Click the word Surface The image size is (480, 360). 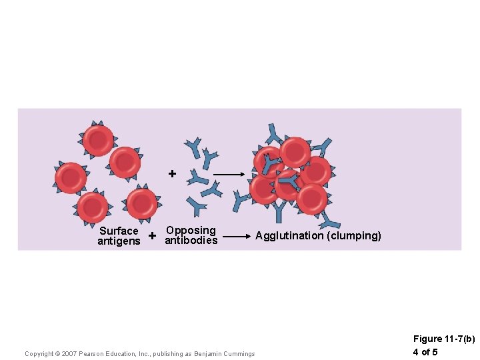pos(119,231)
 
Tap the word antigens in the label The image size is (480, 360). pos(119,241)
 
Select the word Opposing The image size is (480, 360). pos(191,230)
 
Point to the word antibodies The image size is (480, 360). pos(191,240)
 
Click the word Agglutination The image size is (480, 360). pos(289,236)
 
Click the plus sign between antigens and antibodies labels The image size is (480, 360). pos(153,236)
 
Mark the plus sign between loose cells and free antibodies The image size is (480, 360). pos(172,174)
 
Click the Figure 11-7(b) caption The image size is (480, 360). pos(444,339)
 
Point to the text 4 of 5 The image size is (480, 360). pos(425,352)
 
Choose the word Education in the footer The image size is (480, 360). pos(122,354)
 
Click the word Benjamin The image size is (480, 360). pos(209,354)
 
